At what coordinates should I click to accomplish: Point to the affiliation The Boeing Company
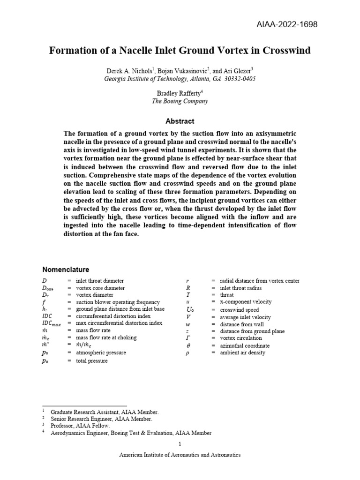[x=180, y=101]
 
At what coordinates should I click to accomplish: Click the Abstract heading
[x=180, y=121]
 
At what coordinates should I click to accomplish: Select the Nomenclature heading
[x=66, y=270]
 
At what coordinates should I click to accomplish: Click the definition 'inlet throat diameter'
[x=100, y=281]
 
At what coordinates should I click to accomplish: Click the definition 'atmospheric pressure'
[x=101, y=352]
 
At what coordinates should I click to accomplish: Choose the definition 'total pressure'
[x=91, y=361]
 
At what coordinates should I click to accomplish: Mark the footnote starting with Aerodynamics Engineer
[x=130, y=433]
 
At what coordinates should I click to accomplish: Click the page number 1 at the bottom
[x=180, y=444]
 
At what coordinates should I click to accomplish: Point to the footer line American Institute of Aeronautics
[x=180, y=455]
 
